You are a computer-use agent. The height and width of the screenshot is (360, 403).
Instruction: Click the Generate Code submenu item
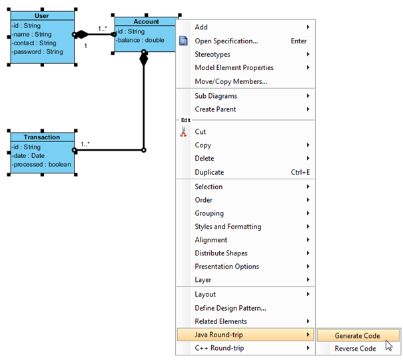[358, 335]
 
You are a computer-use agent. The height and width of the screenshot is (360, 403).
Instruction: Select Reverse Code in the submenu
[355, 349]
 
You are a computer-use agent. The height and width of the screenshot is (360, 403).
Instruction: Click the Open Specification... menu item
[226, 41]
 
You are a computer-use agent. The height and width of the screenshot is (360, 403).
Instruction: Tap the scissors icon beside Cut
[183, 131]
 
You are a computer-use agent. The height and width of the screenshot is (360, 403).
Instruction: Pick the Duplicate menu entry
[209, 172]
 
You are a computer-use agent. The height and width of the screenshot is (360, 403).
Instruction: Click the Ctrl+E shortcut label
[300, 172]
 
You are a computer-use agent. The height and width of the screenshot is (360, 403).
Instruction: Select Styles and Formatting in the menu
[228, 227]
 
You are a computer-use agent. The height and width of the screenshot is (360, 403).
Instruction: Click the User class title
[42, 16]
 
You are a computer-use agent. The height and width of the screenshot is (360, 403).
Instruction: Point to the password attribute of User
[38, 52]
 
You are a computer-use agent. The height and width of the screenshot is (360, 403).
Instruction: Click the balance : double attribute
[141, 40]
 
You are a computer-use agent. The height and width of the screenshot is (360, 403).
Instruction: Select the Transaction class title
[42, 137]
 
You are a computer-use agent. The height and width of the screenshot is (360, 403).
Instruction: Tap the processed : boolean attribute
[42, 164]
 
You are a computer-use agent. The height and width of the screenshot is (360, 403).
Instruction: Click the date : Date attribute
[29, 155]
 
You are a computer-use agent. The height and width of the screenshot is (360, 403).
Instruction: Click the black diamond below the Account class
[144, 59]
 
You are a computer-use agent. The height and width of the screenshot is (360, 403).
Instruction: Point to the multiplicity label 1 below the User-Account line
[85, 46]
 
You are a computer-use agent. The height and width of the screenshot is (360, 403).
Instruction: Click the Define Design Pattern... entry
[230, 308]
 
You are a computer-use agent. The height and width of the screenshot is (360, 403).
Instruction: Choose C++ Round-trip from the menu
[219, 348]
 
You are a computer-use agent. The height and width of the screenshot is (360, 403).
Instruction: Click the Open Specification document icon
[183, 41]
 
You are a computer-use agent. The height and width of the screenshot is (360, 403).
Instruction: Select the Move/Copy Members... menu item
[230, 81]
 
